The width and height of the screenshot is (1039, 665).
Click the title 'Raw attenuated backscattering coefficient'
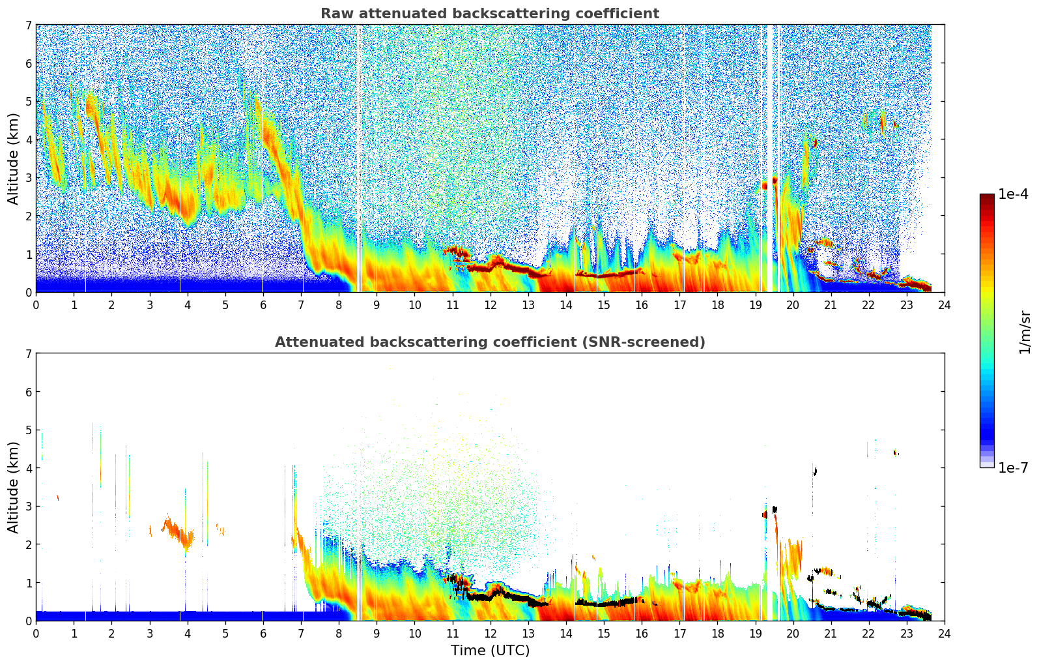pyautogui.click(x=489, y=14)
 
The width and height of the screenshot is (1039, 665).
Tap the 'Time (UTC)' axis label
pyautogui.click(x=490, y=650)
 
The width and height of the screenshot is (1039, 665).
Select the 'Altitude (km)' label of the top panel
pyautogui.click(x=14, y=158)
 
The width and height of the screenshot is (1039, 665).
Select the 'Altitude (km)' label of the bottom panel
pyautogui.click(x=14, y=487)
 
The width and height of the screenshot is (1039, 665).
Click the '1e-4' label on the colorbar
pyautogui.click(x=1013, y=194)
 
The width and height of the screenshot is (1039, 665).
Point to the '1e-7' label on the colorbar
pyautogui.click(x=1013, y=467)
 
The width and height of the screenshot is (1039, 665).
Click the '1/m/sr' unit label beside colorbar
pyautogui.click(x=1025, y=331)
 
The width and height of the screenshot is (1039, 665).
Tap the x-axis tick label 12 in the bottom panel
pyautogui.click(x=490, y=633)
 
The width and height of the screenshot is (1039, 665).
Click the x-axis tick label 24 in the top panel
pyautogui.click(x=944, y=304)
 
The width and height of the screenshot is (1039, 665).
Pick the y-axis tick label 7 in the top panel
pyautogui.click(x=28, y=25)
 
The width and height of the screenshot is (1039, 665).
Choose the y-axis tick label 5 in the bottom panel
pyautogui.click(x=28, y=430)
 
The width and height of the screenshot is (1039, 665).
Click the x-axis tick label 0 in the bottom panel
pyautogui.click(x=36, y=633)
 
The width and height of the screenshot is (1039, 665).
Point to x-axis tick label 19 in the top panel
pyautogui.click(x=755, y=304)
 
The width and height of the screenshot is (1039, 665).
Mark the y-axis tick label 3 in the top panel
pyautogui.click(x=28, y=178)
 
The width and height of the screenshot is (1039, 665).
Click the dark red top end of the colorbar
pyautogui.click(x=986, y=197)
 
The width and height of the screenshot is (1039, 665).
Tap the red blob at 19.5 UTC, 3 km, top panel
pyautogui.click(x=775, y=180)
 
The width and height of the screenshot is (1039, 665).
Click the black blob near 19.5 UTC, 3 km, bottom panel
pyautogui.click(x=775, y=509)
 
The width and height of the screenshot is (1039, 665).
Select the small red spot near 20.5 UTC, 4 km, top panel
pyautogui.click(x=814, y=143)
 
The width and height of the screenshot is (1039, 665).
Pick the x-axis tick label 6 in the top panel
pyautogui.click(x=263, y=304)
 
